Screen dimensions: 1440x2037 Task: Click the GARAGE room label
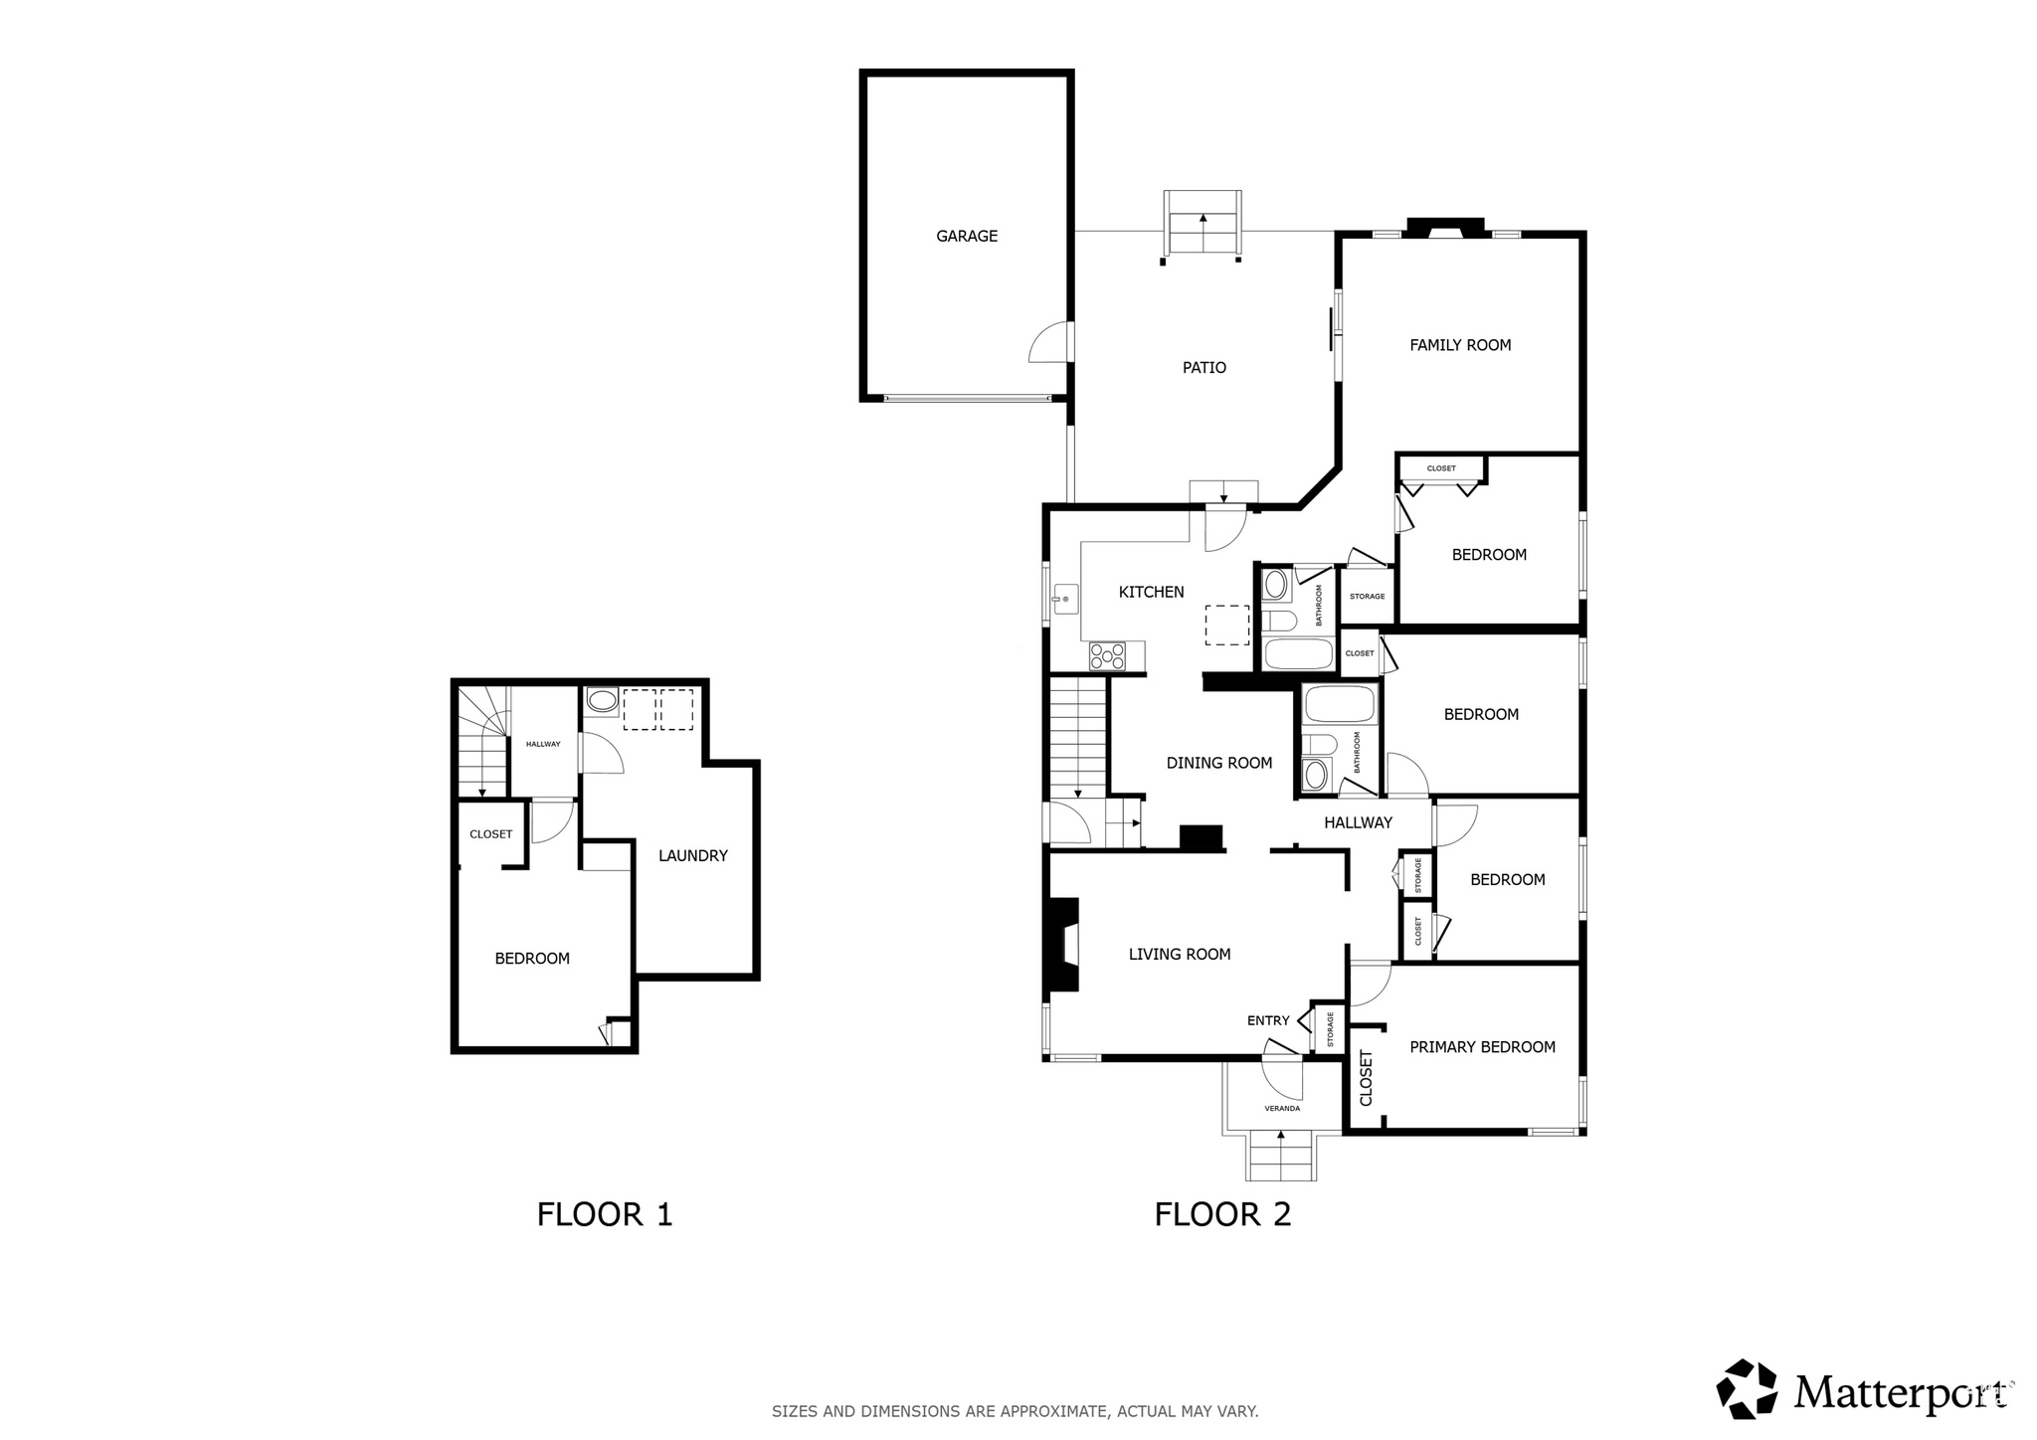coord(966,237)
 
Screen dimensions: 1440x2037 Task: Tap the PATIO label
coord(1204,368)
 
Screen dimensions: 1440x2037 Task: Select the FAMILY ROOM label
coord(1459,345)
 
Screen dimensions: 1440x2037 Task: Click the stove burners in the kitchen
coord(1107,655)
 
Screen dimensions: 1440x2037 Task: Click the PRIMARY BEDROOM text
coord(1482,1047)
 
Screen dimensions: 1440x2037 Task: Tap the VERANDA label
coord(1281,1108)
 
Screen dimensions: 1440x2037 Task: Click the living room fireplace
coord(1062,945)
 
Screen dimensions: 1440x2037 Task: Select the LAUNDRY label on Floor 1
coord(692,855)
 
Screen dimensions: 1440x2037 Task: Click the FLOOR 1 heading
coord(605,1214)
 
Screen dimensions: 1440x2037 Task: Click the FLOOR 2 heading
coord(1222,1214)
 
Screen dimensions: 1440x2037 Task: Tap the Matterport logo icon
coord(1748,1388)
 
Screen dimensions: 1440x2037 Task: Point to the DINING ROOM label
coord(1218,764)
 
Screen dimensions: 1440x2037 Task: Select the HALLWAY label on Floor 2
coord(1358,822)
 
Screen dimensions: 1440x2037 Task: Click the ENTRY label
coord(1267,1020)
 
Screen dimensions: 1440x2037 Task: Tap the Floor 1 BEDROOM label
coord(532,959)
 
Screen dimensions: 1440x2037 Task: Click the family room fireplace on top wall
coord(1444,229)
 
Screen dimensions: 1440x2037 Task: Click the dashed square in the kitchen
coord(1226,625)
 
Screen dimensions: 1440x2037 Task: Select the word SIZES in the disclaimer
coord(792,1411)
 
